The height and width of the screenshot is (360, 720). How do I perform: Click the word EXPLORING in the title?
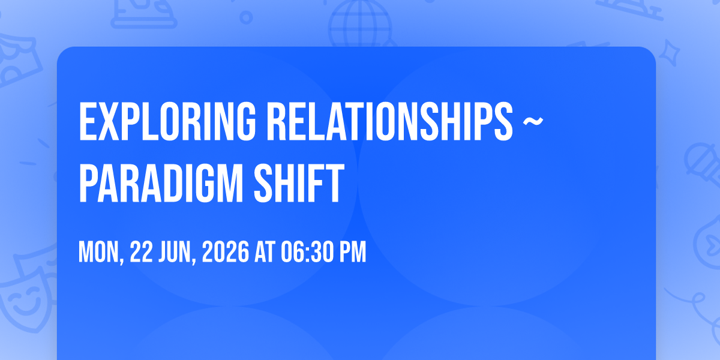pyautogui.click(x=167, y=121)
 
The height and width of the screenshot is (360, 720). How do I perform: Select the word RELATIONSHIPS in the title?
pyautogui.click(x=390, y=121)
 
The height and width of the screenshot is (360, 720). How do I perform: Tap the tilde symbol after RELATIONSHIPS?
pyautogui.click(x=533, y=121)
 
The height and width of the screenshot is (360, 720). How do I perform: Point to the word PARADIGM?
pyautogui.click(x=161, y=183)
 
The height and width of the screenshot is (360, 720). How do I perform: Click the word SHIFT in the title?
pyautogui.click(x=299, y=183)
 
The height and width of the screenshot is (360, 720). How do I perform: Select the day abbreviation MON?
pyautogui.click(x=101, y=253)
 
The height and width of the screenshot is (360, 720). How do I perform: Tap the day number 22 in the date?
pyautogui.click(x=141, y=252)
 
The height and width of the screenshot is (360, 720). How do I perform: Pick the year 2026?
pyautogui.click(x=226, y=252)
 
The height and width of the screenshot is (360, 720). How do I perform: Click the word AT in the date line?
pyautogui.click(x=265, y=252)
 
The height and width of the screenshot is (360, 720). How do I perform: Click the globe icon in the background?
pyautogui.click(x=360, y=23)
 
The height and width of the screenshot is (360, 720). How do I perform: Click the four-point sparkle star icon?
pyautogui.click(x=669, y=53)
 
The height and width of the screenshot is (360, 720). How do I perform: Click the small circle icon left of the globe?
pyautogui.click(x=246, y=17)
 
